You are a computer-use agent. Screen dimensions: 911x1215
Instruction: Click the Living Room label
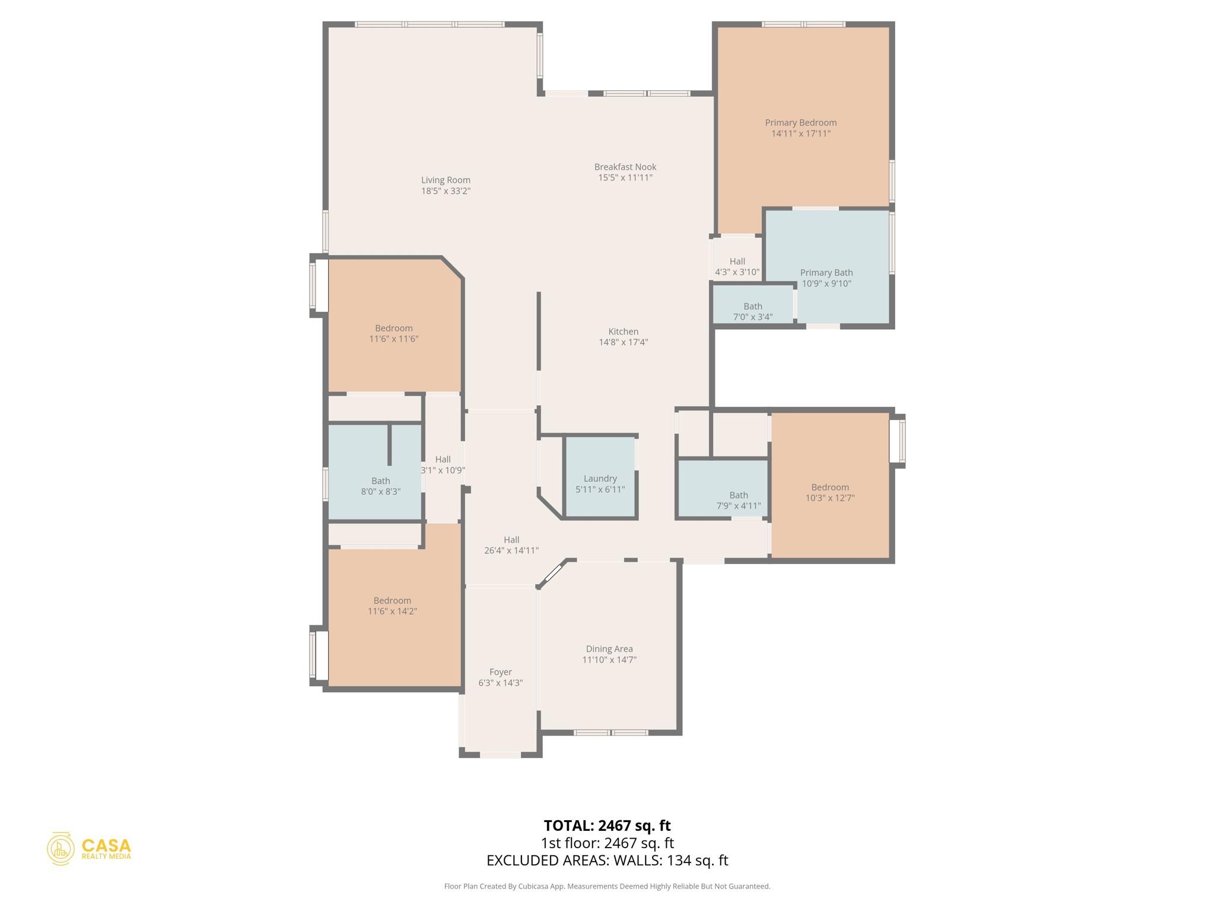tap(446, 180)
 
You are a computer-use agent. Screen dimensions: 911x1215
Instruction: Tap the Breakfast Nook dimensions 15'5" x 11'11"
tap(625, 178)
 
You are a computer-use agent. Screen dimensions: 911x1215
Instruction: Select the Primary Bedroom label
tap(800, 123)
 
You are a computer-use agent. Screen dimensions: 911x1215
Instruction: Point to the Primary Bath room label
tap(826, 273)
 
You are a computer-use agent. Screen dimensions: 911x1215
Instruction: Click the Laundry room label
tap(600, 479)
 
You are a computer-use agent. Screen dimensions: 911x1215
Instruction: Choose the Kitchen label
tap(623, 332)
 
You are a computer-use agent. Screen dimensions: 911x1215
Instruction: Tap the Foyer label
tap(500, 672)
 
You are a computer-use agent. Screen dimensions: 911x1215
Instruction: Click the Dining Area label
tap(609, 649)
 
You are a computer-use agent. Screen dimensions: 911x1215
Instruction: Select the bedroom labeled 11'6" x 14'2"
tap(392, 606)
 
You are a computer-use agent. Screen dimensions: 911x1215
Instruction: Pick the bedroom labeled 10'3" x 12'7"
tap(829, 492)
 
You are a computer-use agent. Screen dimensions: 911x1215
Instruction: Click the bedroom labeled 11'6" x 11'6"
tap(393, 333)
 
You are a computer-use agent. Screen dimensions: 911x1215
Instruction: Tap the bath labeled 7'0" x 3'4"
tap(752, 311)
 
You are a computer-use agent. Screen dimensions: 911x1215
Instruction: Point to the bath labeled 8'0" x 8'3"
tap(380, 486)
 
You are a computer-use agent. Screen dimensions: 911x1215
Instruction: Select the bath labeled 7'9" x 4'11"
tap(738, 500)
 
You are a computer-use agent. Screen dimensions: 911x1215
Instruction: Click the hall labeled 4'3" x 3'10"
tap(737, 267)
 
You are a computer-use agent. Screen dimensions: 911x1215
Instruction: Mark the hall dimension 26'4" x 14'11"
tap(511, 550)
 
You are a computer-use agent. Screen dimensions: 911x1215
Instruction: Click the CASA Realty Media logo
tap(89, 849)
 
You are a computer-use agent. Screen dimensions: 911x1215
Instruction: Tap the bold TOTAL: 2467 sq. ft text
tap(607, 826)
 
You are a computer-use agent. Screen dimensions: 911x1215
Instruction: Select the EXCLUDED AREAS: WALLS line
tap(607, 861)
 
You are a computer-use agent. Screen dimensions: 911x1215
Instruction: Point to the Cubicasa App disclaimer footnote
tap(607, 886)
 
